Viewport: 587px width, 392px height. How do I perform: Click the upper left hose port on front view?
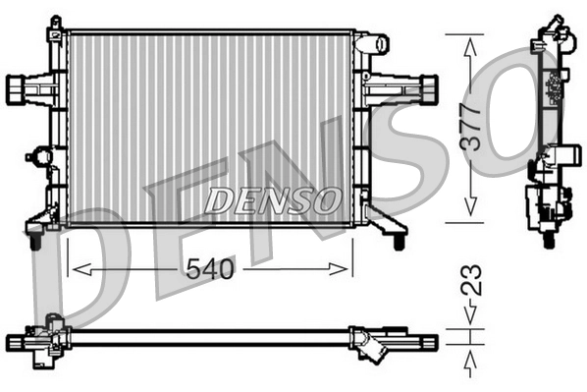20,87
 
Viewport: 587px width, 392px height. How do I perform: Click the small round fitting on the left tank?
40,155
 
